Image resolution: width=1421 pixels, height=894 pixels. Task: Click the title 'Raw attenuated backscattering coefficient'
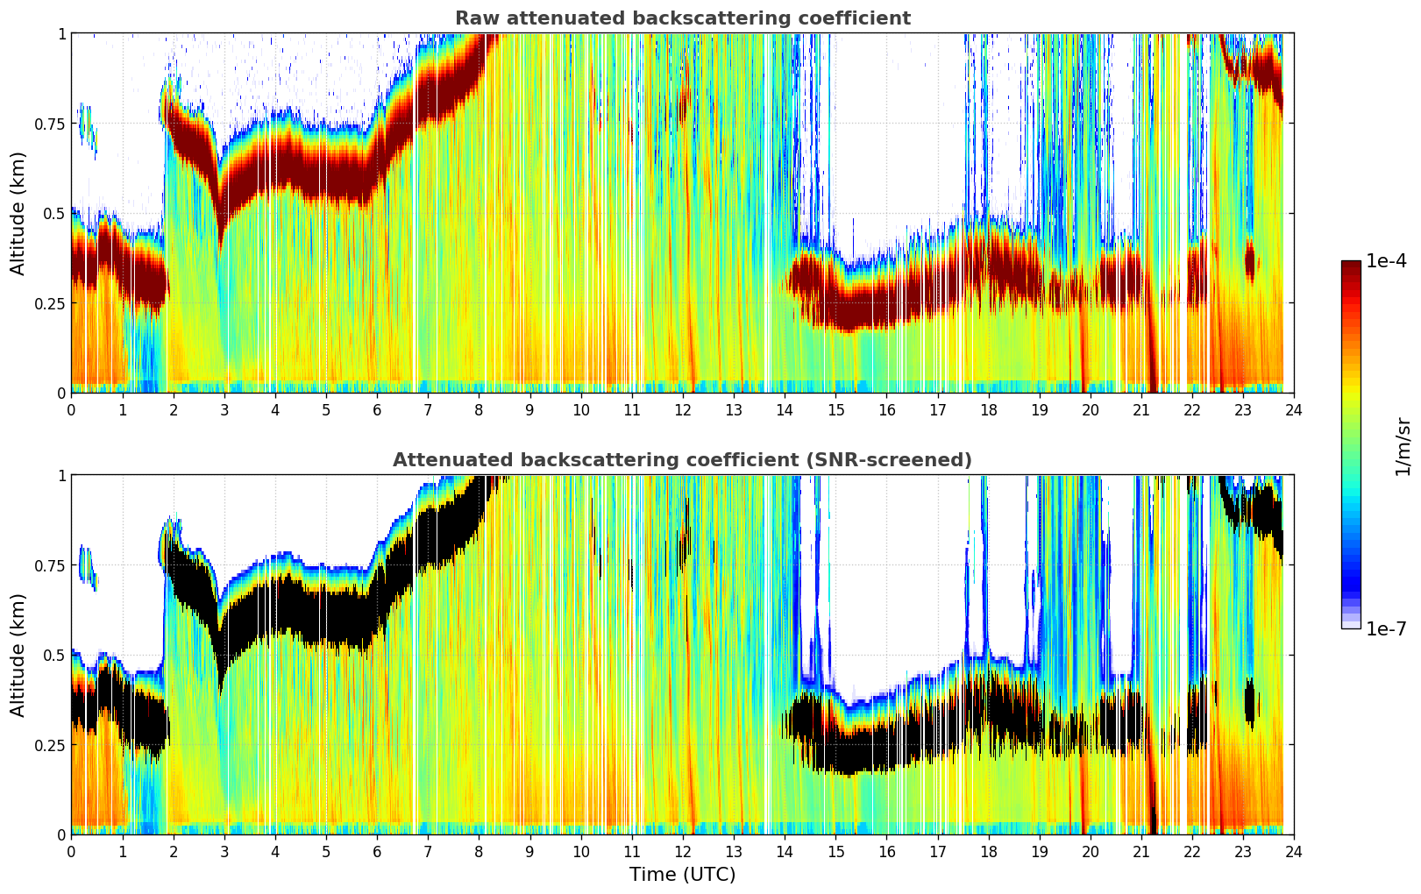click(x=682, y=18)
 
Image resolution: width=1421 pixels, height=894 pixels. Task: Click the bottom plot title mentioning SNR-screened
click(x=682, y=460)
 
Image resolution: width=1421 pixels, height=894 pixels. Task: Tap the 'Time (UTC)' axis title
click(x=682, y=875)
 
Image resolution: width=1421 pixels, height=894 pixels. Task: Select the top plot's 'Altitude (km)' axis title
click(x=18, y=213)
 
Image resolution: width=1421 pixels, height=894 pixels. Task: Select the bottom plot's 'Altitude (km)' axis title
click(x=18, y=655)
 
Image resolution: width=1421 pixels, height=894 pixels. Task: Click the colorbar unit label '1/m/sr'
click(x=1403, y=446)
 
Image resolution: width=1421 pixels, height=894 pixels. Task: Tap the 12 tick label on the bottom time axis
click(x=682, y=851)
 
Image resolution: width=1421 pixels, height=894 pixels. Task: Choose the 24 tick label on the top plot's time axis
click(x=1293, y=409)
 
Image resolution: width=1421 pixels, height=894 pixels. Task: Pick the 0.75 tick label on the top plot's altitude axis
click(x=49, y=124)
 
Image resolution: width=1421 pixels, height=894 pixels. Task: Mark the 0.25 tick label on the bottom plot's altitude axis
click(x=49, y=745)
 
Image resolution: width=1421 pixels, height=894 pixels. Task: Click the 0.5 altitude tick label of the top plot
click(x=54, y=213)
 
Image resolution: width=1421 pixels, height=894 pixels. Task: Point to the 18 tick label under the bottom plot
click(x=988, y=851)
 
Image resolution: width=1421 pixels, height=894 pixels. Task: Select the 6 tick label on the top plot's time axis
click(x=377, y=409)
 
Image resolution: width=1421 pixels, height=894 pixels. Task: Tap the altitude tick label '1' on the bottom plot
click(x=61, y=476)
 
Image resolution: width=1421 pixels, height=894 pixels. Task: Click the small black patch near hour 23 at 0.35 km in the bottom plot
click(x=1250, y=704)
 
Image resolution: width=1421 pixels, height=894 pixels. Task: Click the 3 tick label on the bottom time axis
click(x=224, y=851)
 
